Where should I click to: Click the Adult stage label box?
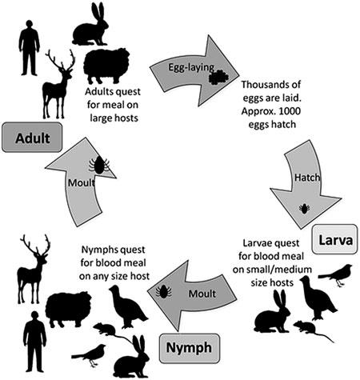tap(32, 138)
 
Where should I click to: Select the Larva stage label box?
tap(334, 239)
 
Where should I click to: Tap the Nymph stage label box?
tap(190, 348)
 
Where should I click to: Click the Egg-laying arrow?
tap(194, 70)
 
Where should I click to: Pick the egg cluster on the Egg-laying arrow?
tap(218, 78)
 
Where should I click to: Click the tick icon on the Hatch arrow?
tap(304, 208)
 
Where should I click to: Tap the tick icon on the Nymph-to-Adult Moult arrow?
tap(99, 165)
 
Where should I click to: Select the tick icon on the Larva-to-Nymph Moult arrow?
tap(164, 291)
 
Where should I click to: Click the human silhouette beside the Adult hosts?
tap(29, 48)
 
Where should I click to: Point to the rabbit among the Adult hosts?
tap(90, 26)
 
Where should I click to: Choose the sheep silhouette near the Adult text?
tap(106, 66)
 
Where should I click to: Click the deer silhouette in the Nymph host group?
tap(33, 270)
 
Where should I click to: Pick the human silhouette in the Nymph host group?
tap(34, 342)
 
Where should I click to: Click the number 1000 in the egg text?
tap(289, 111)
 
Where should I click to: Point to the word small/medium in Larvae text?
tap(272, 270)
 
